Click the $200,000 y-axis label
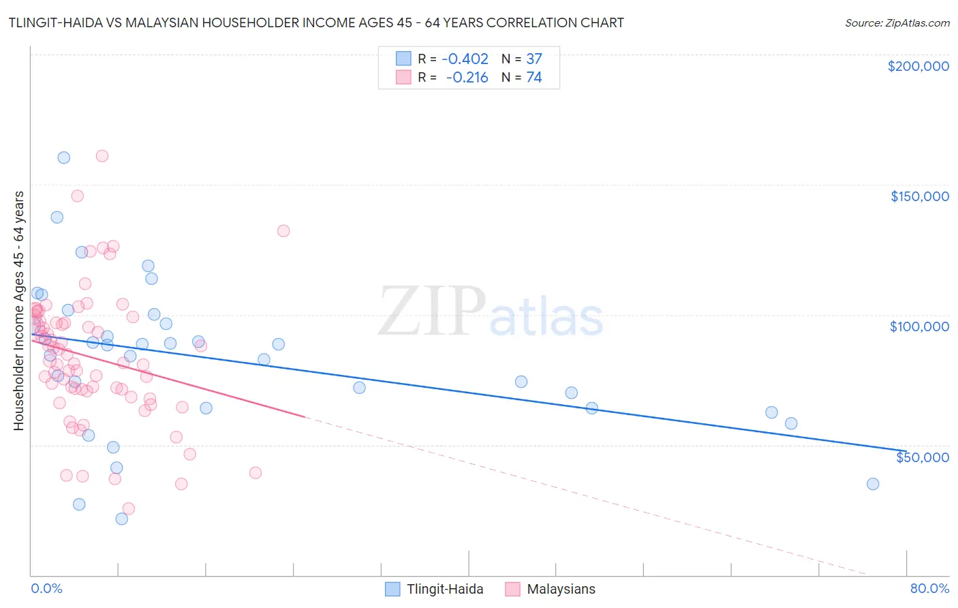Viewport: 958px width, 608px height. click(918, 66)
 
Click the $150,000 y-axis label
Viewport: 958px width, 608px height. click(919, 196)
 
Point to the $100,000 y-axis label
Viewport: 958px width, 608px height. click(919, 326)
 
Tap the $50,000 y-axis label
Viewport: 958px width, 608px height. click(922, 457)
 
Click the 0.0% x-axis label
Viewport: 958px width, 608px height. click(46, 588)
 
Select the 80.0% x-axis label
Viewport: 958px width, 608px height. click(929, 588)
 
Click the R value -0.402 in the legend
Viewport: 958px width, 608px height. click(465, 59)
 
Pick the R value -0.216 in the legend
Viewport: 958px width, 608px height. click(467, 78)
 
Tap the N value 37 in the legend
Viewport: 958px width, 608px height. click(534, 59)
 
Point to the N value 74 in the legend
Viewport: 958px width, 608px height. click(534, 78)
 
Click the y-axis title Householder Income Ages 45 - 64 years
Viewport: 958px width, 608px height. click(19, 311)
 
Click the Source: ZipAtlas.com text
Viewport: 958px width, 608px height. click(897, 23)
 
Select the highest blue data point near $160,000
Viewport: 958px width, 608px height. click(63, 157)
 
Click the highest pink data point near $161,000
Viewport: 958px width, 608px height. click(102, 155)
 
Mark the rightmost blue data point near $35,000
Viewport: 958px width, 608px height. click(873, 484)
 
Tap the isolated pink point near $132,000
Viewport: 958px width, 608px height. click(283, 231)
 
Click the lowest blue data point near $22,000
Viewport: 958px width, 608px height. click(122, 519)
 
